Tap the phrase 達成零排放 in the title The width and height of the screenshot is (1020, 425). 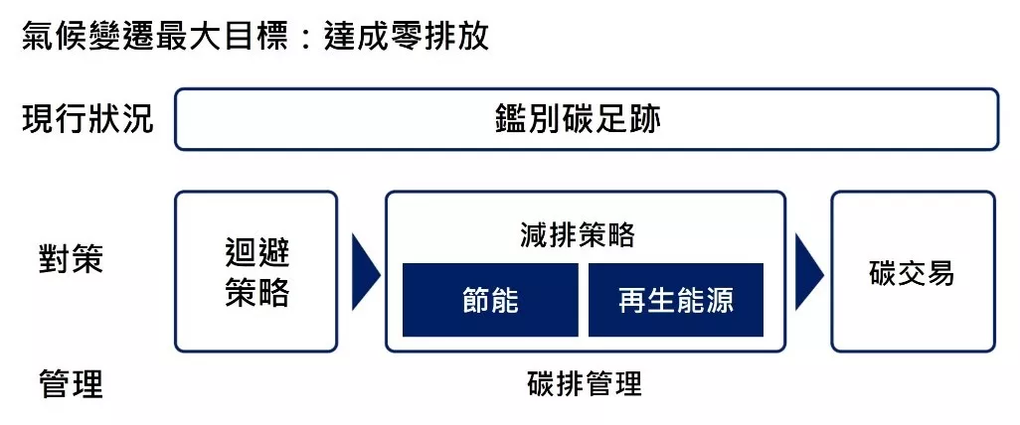(406, 37)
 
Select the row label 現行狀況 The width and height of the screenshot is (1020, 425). (87, 119)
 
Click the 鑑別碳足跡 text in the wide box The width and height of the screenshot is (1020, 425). (578, 119)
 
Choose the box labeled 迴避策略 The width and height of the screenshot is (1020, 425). (256, 272)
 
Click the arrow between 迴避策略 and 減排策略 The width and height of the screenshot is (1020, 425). (366, 272)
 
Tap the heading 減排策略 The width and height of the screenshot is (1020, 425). (578, 234)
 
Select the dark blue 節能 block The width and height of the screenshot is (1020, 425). (490, 300)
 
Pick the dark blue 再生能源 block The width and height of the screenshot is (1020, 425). (676, 300)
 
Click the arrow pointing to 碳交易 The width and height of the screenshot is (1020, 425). (809, 272)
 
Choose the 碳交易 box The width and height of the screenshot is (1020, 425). (914, 272)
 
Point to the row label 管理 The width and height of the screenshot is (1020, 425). (71, 384)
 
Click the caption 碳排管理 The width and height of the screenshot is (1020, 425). (585, 384)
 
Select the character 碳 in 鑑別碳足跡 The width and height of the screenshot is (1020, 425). (578, 119)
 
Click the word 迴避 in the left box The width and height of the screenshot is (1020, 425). (256, 254)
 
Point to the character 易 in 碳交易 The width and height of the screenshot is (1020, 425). (940, 273)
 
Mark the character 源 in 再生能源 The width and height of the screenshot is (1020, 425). (720, 301)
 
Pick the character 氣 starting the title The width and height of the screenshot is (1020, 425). (39, 37)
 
